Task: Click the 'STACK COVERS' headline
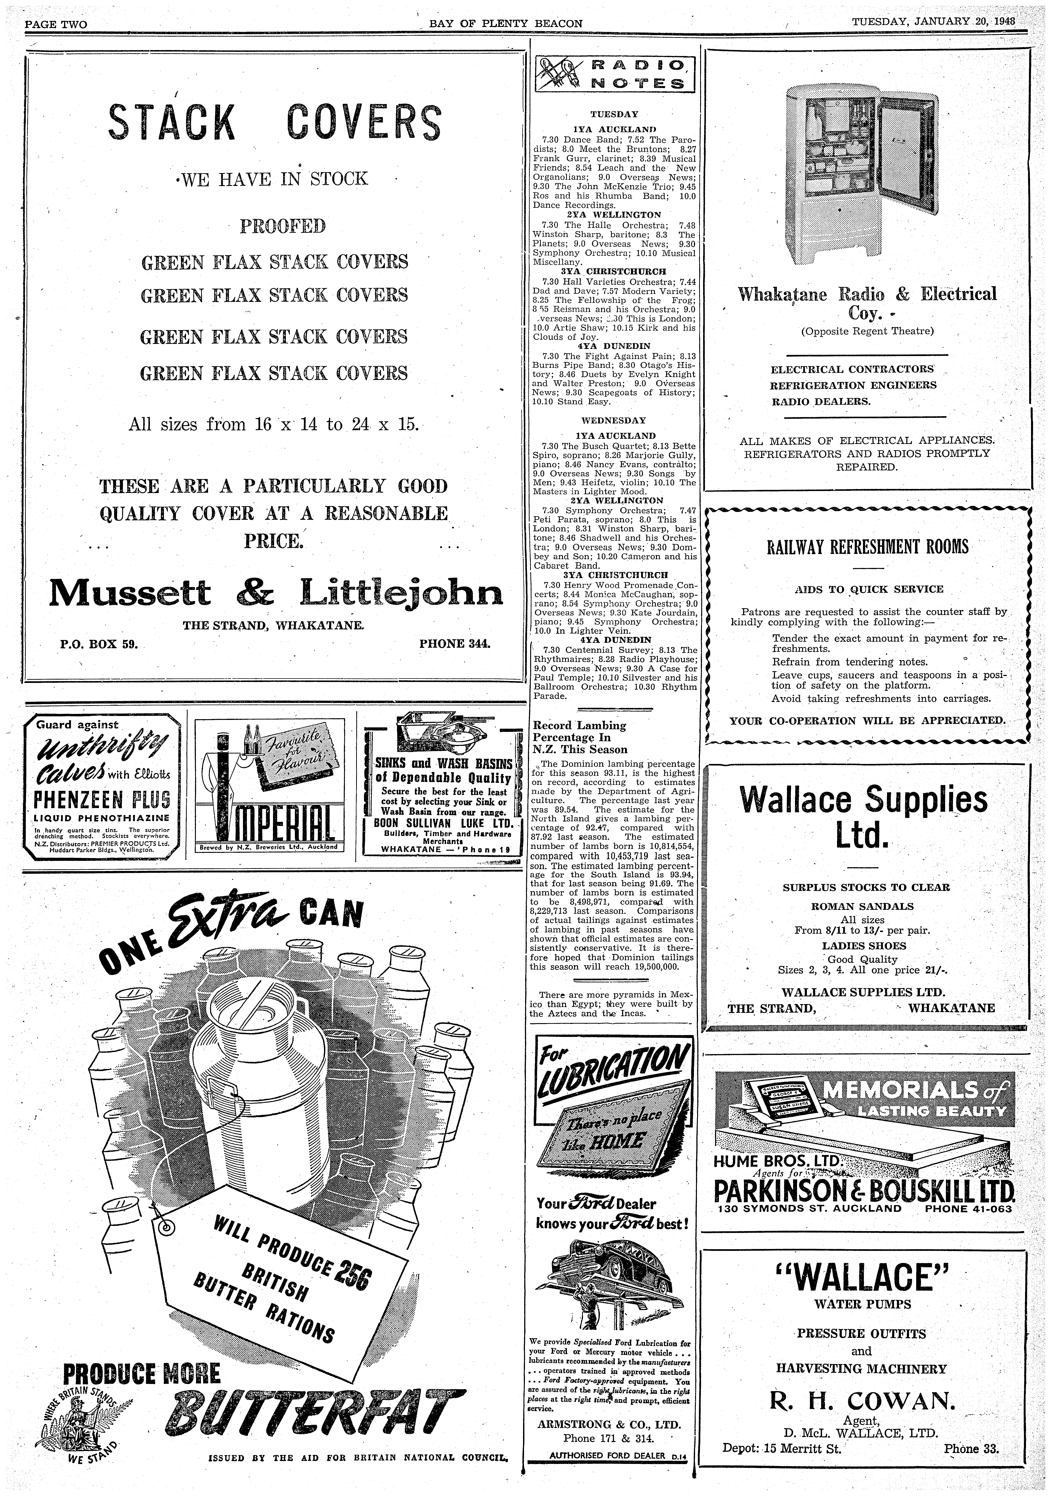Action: tap(274, 122)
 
